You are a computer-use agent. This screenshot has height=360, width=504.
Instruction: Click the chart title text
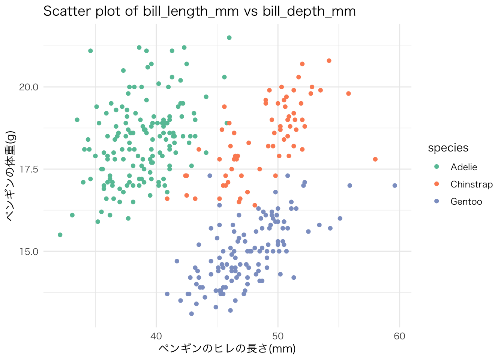(199, 11)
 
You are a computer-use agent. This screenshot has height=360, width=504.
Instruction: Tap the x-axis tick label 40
(156, 336)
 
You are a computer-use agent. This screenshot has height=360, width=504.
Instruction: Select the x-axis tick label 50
(278, 336)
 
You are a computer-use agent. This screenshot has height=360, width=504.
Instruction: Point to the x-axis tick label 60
(400, 336)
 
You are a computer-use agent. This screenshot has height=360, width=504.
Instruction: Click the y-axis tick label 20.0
(28, 87)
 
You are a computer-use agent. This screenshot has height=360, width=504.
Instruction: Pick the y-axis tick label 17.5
(28, 169)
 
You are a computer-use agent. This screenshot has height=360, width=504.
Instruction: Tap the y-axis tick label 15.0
(28, 251)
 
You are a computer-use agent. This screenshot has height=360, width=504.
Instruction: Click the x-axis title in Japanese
(227, 349)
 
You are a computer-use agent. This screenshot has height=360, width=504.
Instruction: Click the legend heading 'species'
(448, 148)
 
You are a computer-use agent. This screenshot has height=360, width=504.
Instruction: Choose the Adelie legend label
(464, 167)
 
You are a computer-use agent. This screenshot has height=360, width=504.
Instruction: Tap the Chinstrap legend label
(471, 184)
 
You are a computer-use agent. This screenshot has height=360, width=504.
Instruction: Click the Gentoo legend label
(466, 202)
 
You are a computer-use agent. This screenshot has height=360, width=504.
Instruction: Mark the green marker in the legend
(436, 167)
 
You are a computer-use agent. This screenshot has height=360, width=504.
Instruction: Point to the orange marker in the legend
(436, 184)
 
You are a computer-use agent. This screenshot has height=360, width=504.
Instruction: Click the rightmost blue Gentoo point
(394, 186)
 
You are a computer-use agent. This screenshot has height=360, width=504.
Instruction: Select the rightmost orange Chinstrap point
(375, 159)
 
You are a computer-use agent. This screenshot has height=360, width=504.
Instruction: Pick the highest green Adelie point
(229, 37)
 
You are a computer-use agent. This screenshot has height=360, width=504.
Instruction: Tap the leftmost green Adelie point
(60, 235)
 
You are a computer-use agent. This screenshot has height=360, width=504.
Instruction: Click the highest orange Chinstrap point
(329, 61)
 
